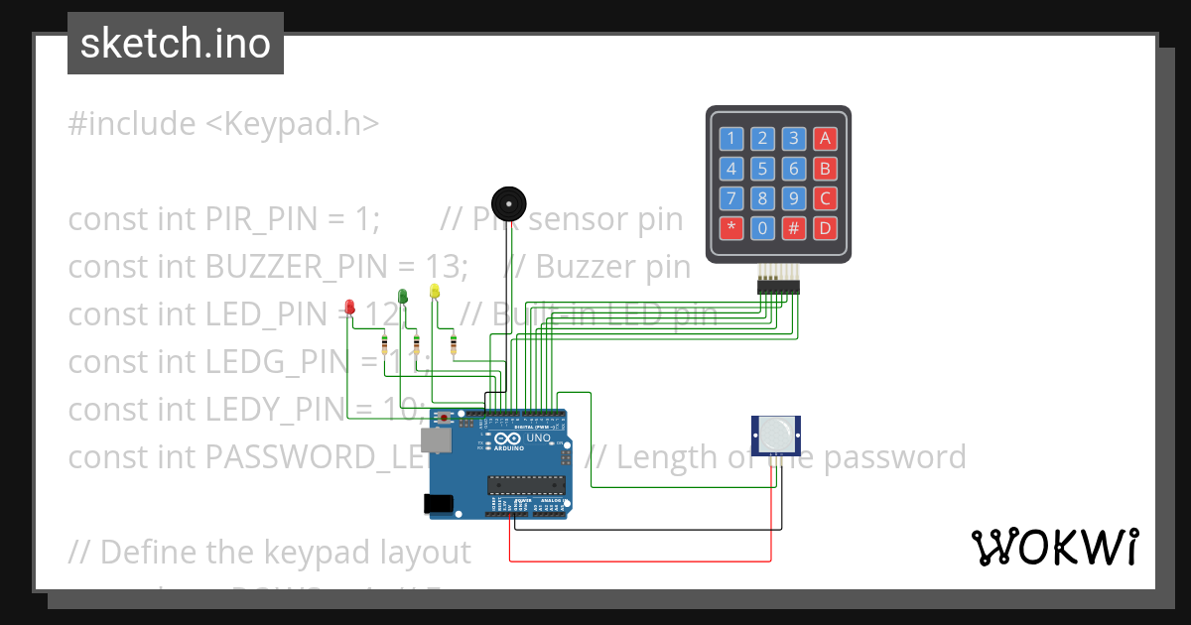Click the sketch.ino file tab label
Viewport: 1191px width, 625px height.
tap(176, 44)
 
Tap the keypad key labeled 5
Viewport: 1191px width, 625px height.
tap(761, 169)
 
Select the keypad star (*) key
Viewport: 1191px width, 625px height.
tap(730, 228)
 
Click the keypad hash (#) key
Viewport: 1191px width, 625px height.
tap(793, 228)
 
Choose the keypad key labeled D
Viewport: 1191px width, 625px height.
tap(824, 228)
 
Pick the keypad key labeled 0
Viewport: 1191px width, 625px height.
tap(761, 228)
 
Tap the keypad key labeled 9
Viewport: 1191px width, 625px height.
tap(793, 198)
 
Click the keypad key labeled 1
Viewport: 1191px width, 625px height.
tap(730, 139)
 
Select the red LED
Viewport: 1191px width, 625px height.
tap(349, 307)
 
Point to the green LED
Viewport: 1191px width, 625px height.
tap(402, 296)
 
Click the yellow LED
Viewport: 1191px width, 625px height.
tap(434, 291)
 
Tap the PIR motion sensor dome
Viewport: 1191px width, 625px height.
tap(777, 432)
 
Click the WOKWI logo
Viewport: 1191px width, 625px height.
tap(1054, 547)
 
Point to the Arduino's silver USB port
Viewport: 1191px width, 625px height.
tap(436, 439)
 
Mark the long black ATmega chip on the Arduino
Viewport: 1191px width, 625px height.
tap(525, 484)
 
